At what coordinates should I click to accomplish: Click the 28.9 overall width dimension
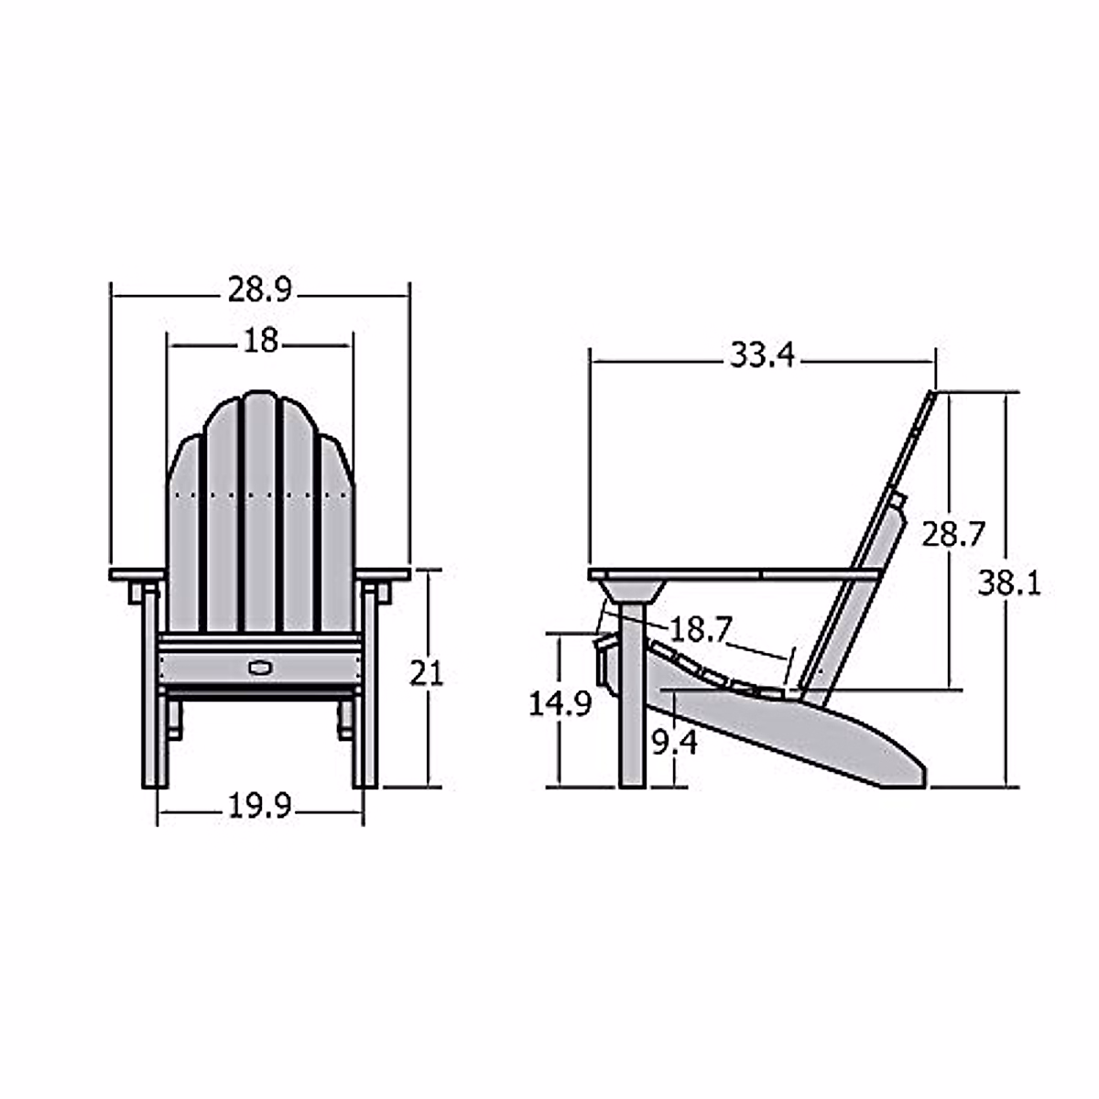[259, 291]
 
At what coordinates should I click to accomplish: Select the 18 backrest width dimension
[261, 341]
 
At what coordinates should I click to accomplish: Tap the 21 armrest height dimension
[426, 674]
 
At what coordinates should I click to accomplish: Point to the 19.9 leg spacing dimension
[259, 807]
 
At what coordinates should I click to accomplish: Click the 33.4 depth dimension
[762, 355]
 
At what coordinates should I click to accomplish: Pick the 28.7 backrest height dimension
[952, 534]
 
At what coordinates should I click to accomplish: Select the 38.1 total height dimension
[1008, 583]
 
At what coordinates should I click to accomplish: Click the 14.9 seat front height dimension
[560, 704]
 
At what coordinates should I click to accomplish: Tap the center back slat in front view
[260, 513]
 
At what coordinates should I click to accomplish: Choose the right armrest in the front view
[384, 575]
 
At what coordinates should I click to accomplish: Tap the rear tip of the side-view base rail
[920, 774]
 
